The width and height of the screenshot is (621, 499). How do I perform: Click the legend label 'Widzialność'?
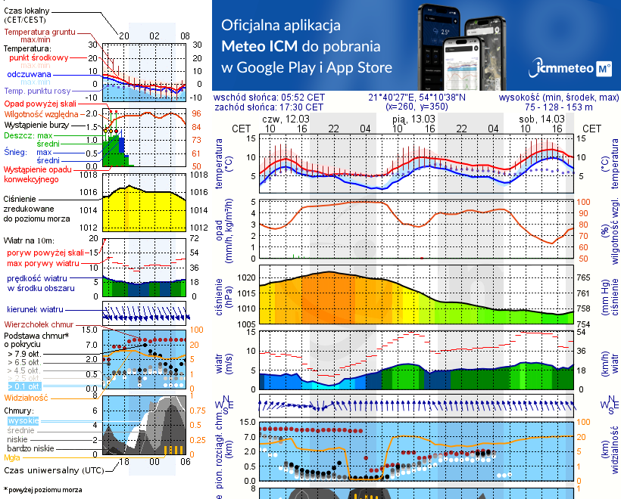point(27,396)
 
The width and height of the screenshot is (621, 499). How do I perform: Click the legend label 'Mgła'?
point(11,457)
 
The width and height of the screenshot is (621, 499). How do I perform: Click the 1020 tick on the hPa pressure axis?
point(246,278)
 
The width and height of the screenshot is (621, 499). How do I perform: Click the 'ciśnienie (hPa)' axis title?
point(220,296)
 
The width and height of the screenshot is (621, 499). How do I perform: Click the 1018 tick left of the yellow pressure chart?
point(89,175)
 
